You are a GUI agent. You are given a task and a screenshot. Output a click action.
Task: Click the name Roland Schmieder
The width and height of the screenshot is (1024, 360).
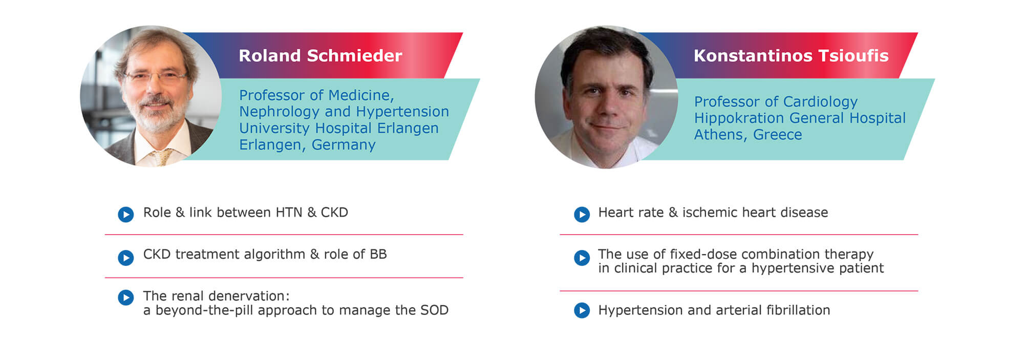tap(321, 55)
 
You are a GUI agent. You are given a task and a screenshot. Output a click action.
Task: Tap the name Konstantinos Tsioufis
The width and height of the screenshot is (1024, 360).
tap(791, 55)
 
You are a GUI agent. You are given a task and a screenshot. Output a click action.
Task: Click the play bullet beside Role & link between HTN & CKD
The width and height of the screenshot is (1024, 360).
tap(126, 214)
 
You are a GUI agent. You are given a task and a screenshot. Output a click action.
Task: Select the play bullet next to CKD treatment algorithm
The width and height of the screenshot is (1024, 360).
tap(126, 258)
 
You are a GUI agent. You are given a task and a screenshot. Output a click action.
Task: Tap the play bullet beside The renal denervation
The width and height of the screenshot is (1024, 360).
tap(126, 298)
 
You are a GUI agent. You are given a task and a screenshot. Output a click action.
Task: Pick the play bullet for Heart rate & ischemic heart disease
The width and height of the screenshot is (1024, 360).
tap(582, 214)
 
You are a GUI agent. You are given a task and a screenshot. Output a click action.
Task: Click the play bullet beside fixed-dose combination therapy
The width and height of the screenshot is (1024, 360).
tap(582, 258)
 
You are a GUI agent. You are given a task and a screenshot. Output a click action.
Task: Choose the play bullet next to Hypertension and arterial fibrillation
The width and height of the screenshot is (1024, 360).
tap(582, 310)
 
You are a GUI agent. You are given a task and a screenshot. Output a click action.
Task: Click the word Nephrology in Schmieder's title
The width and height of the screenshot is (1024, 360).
tap(280, 112)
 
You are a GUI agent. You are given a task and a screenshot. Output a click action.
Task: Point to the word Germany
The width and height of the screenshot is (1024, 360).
tap(344, 145)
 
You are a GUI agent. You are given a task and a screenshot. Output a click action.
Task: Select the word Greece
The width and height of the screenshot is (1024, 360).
tap(777, 135)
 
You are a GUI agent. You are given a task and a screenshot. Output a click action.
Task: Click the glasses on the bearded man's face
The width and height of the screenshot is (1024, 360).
tap(156, 77)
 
